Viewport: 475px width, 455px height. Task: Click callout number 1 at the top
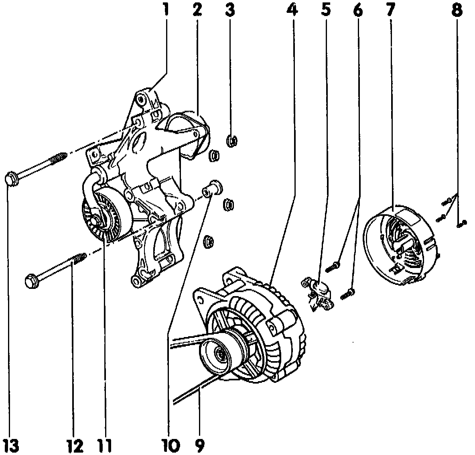pyautogui.click(x=165, y=10)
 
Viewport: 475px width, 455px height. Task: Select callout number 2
pyautogui.click(x=197, y=10)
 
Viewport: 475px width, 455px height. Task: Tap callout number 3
pyautogui.click(x=229, y=10)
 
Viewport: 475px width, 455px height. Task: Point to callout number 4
pyautogui.click(x=293, y=10)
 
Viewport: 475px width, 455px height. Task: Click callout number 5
pyautogui.click(x=325, y=10)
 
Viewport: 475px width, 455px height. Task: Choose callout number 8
pyautogui.click(x=457, y=10)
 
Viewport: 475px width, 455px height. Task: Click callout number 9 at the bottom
pyautogui.click(x=199, y=444)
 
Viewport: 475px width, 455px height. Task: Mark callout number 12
pyautogui.click(x=75, y=444)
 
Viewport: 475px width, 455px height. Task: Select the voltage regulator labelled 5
pyautogui.click(x=320, y=294)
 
